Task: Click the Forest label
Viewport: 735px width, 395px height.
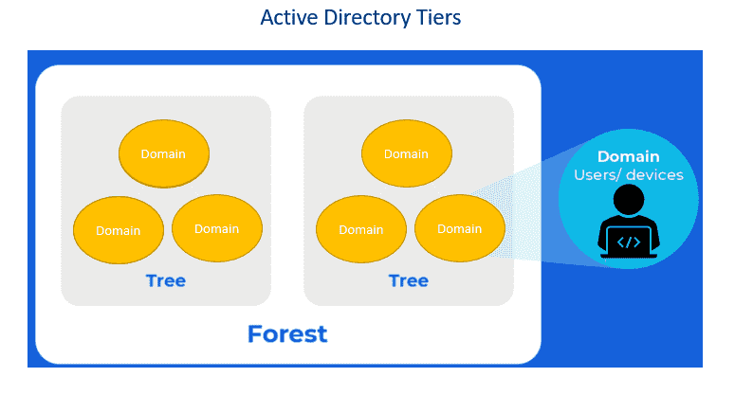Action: click(287, 334)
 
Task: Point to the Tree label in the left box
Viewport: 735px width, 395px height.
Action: click(165, 280)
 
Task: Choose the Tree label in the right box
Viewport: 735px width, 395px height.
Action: click(409, 280)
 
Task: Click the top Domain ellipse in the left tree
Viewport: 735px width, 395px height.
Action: click(163, 153)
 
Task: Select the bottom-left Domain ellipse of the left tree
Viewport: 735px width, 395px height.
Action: click(119, 230)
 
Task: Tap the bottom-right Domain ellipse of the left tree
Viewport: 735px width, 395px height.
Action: click(217, 228)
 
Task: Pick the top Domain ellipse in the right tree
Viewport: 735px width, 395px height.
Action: click(407, 153)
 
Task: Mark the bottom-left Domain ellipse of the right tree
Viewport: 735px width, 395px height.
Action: click(361, 229)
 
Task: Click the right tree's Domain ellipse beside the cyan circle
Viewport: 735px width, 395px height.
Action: click(460, 228)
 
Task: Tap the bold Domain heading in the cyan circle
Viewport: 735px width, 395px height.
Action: click(628, 156)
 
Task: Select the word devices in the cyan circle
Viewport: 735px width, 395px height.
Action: click(654, 175)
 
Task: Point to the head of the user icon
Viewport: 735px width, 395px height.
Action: click(629, 199)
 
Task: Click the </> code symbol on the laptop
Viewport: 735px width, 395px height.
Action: click(629, 242)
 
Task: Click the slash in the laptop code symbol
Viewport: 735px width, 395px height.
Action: click(629, 242)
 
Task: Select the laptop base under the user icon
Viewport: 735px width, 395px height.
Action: click(629, 256)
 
